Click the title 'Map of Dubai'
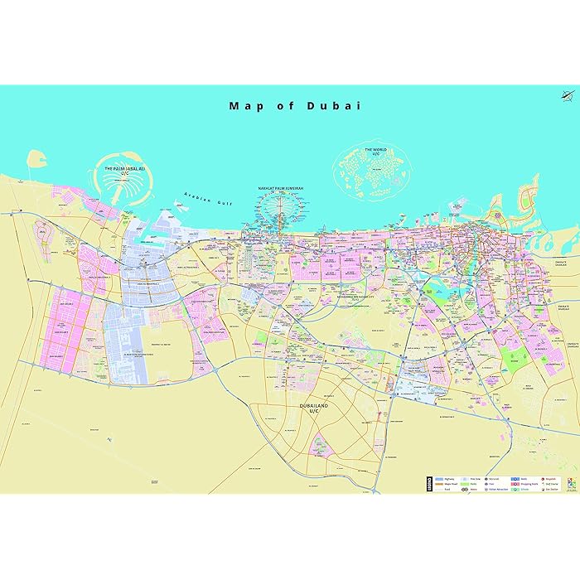pos(296,106)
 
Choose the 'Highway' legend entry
pos(445,479)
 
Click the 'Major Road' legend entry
pos(447,484)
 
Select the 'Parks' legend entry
pos(471,484)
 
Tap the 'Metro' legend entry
pos(471,489)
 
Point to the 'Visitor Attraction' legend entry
pos(499,489)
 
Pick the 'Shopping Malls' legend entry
pos(527,484)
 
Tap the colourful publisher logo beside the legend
pos(570,483)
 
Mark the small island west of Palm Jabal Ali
pos(35,158)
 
